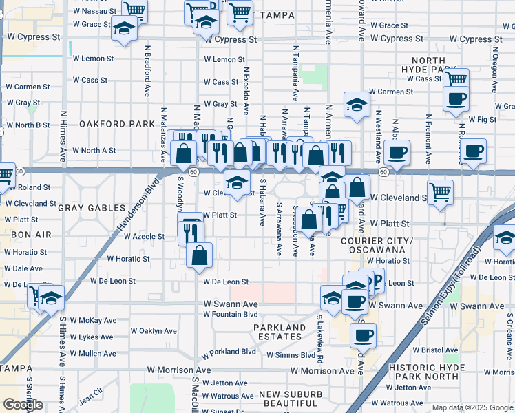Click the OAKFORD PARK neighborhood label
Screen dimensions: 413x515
pos(116,124)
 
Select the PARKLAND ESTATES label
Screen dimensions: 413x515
pos(279,332)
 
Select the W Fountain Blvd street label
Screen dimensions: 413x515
pos(230,314)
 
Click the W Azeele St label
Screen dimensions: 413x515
pos(145,236)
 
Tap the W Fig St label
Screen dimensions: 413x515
pos(482,119)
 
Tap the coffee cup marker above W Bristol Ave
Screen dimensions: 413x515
pos(363,335)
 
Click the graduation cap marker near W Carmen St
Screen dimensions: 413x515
pos(357,105)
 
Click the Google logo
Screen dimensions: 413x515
pos(23,405)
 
